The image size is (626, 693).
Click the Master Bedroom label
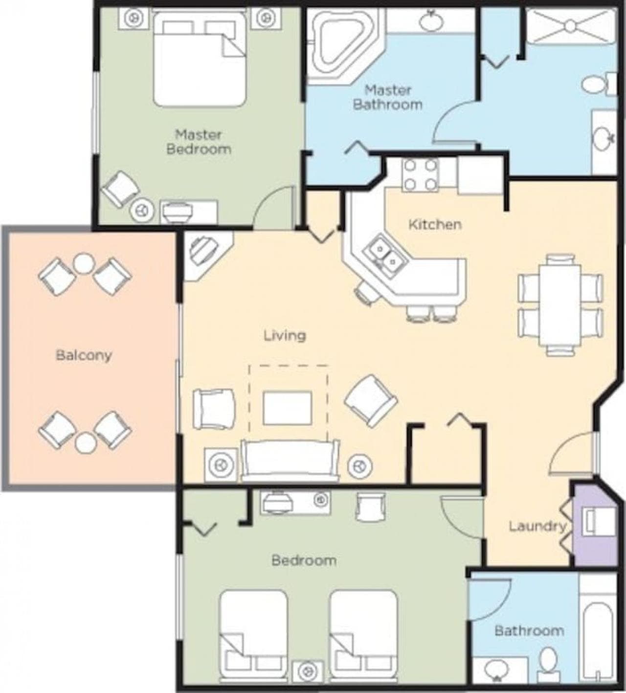199,141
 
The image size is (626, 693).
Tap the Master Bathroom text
388,97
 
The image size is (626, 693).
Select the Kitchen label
435,225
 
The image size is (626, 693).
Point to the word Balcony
84,356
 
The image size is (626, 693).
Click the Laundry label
537,526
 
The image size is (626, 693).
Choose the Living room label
285,336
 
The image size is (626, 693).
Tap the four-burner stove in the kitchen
422,175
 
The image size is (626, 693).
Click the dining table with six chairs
560,305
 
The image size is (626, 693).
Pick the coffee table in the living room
287,408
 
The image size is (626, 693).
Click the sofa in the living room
290,461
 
